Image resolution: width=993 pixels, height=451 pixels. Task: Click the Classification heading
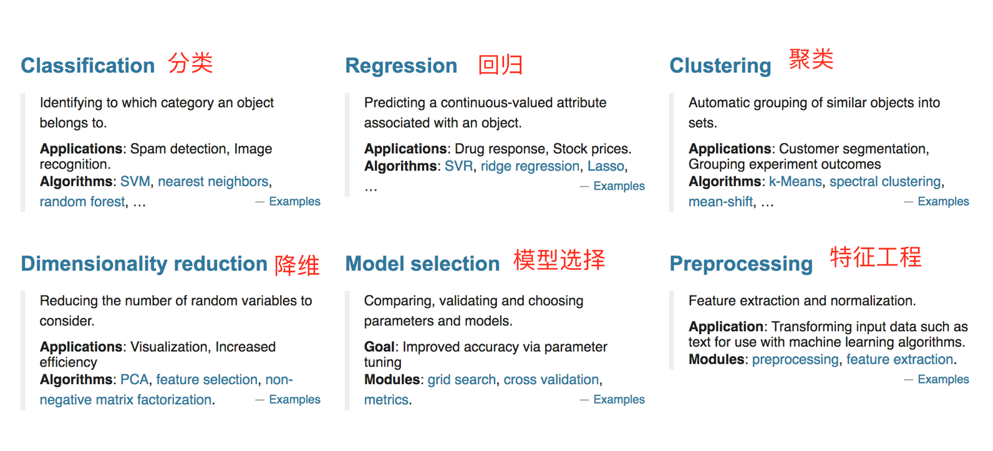point(88,66)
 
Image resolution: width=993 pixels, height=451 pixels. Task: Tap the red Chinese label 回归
point(500,65)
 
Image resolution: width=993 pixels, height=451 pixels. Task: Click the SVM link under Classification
point(135,182)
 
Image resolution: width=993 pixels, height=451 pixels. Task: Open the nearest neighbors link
point(213,182)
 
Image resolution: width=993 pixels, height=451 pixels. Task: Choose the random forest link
point(82,202)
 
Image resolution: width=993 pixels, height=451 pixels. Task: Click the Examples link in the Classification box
point(295,202)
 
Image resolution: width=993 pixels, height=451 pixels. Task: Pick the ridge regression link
point(530,166)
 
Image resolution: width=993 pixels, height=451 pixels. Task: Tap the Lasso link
point(606,166)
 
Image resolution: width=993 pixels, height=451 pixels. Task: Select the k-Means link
point(795,182)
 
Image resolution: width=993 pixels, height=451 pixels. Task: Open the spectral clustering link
point(885,182)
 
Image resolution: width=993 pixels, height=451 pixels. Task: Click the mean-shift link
point(721,202)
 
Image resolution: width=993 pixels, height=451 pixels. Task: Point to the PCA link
point(134,380)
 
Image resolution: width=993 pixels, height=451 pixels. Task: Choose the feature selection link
point(207,380)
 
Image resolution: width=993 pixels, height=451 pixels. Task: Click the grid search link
point(462,380)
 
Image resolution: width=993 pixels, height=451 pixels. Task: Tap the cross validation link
point(551,380)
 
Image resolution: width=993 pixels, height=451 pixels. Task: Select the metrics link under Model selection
point(386,400)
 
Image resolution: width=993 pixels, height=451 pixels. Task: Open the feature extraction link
point(900,359)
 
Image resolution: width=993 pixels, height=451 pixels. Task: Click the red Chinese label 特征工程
point(876,257)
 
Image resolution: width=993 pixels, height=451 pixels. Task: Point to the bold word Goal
point(379,347)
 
